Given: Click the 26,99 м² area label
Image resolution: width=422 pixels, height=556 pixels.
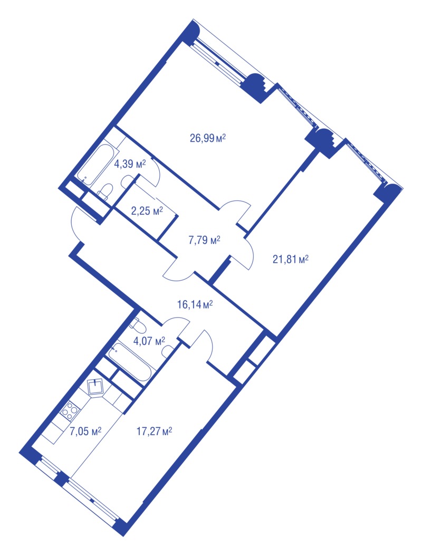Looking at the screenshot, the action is pos(208,138).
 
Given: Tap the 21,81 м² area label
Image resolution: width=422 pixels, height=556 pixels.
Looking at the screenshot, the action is pos(291,259).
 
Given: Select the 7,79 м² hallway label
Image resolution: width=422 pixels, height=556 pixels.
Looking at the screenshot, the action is pos(204,241).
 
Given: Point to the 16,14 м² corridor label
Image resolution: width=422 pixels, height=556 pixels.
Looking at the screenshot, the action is pos(195,304).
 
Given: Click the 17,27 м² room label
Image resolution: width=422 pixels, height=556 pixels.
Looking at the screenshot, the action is pos(154,432).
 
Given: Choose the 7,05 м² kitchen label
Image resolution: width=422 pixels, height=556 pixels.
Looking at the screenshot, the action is pos(85,432).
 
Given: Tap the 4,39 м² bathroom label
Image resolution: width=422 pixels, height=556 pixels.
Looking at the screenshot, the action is pos(130,164).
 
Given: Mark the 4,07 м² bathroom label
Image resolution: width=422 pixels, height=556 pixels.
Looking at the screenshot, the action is pos(149,341).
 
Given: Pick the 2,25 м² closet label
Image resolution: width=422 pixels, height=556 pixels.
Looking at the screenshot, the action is pos(147,212).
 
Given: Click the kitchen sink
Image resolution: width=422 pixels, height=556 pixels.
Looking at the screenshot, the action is pos(95,387).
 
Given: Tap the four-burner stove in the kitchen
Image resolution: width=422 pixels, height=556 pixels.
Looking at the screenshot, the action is pos(70,409).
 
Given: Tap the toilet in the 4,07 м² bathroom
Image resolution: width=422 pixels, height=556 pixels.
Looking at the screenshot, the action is pos(137,324).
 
